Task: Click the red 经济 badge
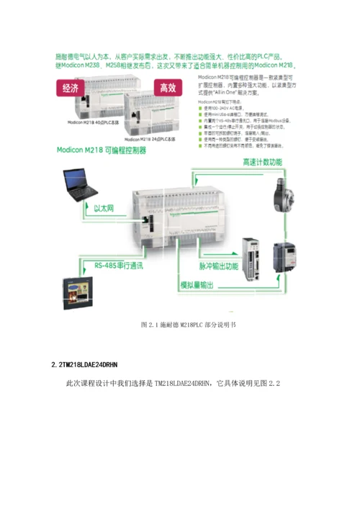point(71,88)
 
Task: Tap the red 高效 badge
point(168,88)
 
